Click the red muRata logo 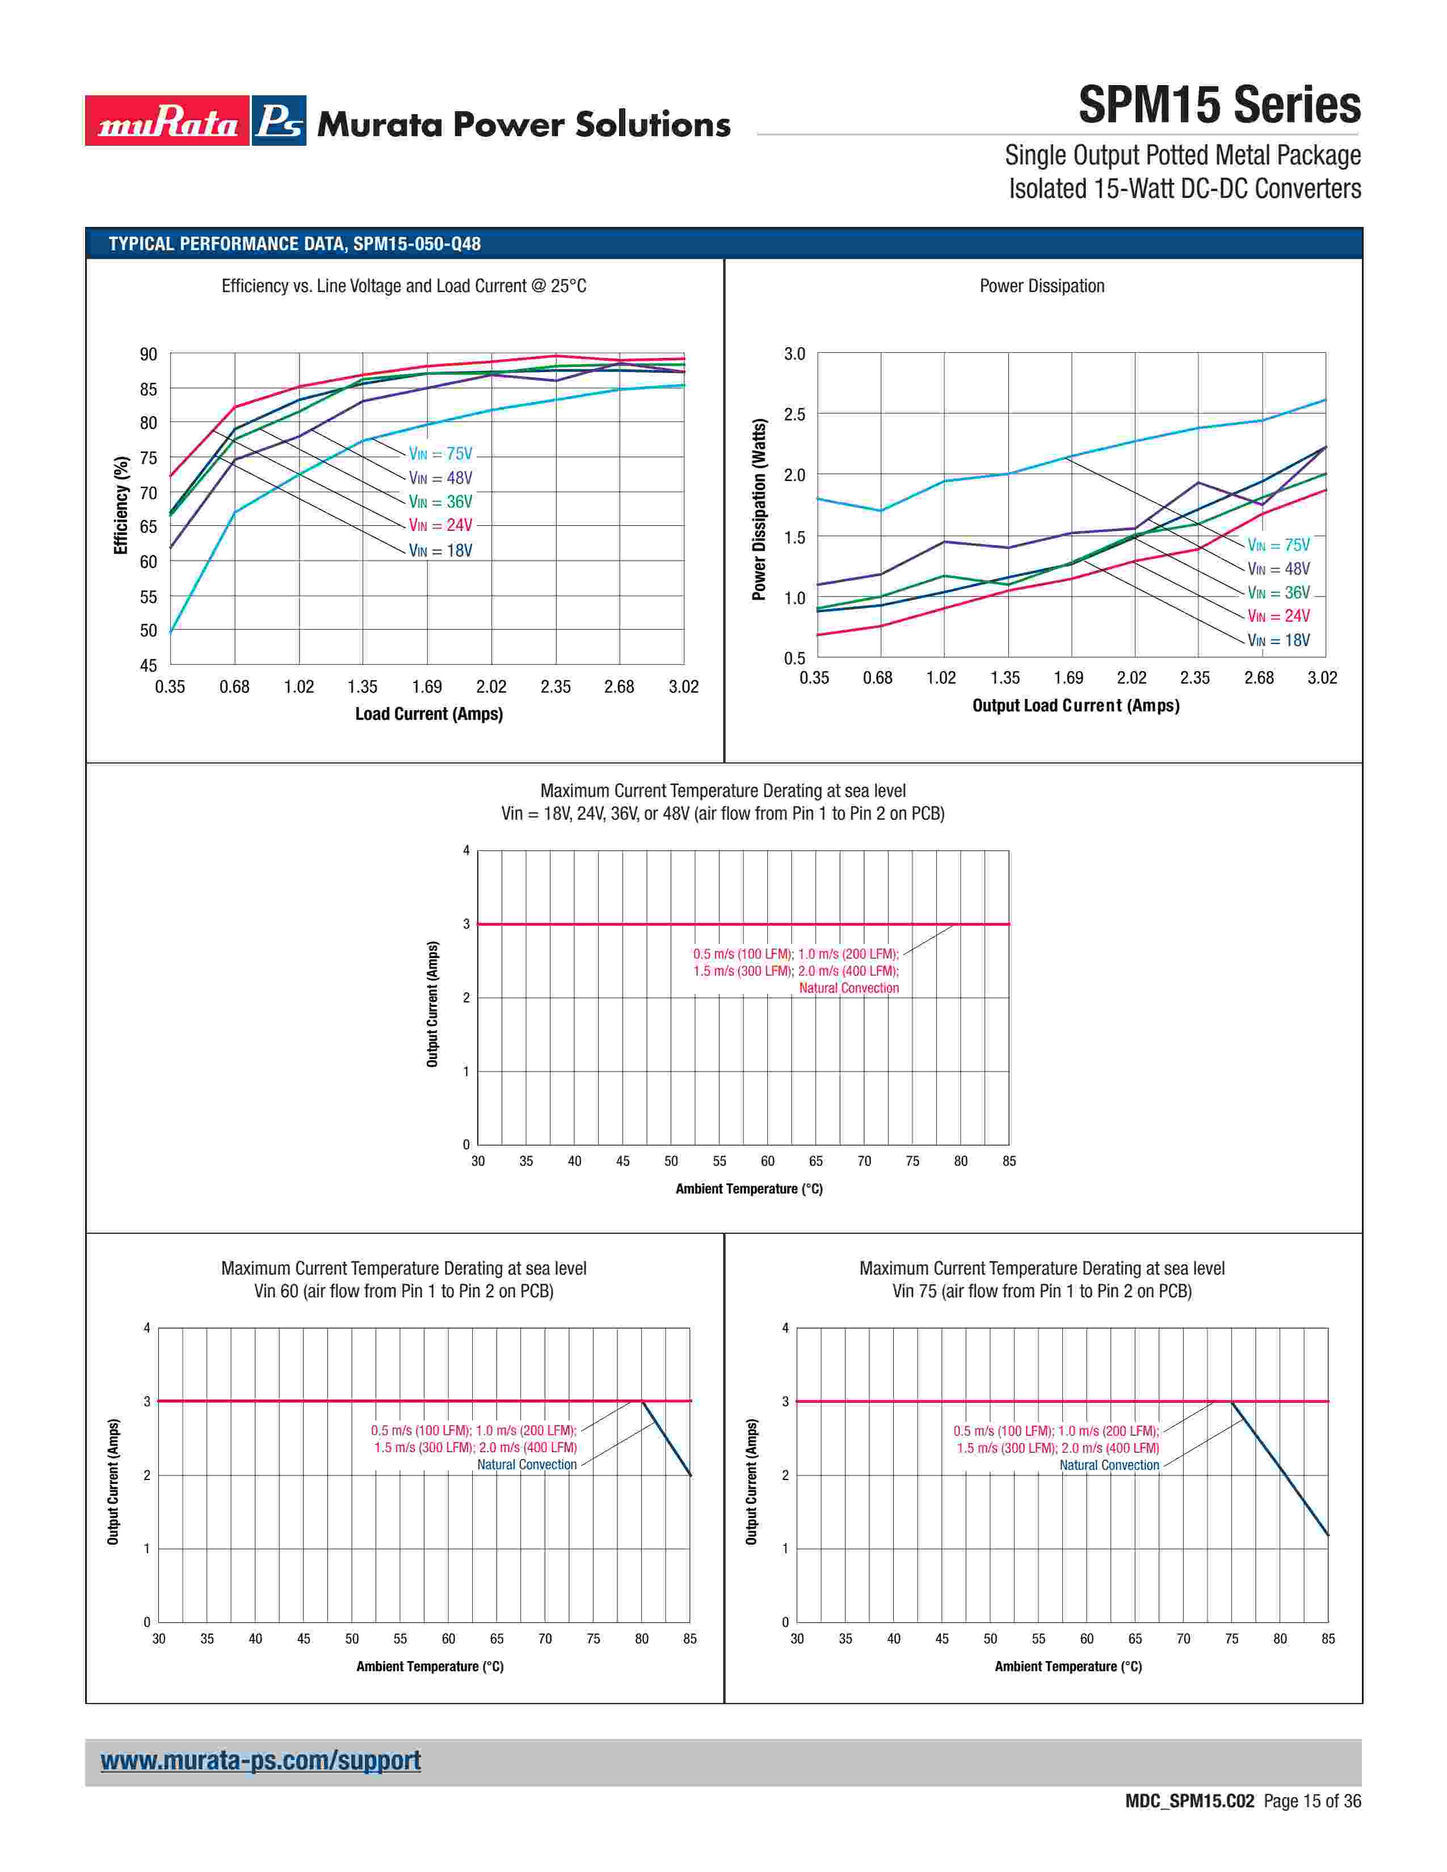(167, 121)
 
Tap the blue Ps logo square (279, 121)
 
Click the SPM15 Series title (1218, 106)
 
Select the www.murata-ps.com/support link (260, 1761)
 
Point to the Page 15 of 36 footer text (1311, 1801)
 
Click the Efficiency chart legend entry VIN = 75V (440, 454)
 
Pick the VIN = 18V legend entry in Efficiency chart (440, 550)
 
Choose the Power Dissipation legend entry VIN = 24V (1278, 616)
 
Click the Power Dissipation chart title (1041, 286)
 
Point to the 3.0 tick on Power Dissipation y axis (794, 354)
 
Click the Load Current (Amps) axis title (428, 714)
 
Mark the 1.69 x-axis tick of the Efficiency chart (427, 686)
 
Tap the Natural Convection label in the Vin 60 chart (527, 1464)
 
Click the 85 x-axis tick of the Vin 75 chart (1328, 1639)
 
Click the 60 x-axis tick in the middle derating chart (767, 1161)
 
